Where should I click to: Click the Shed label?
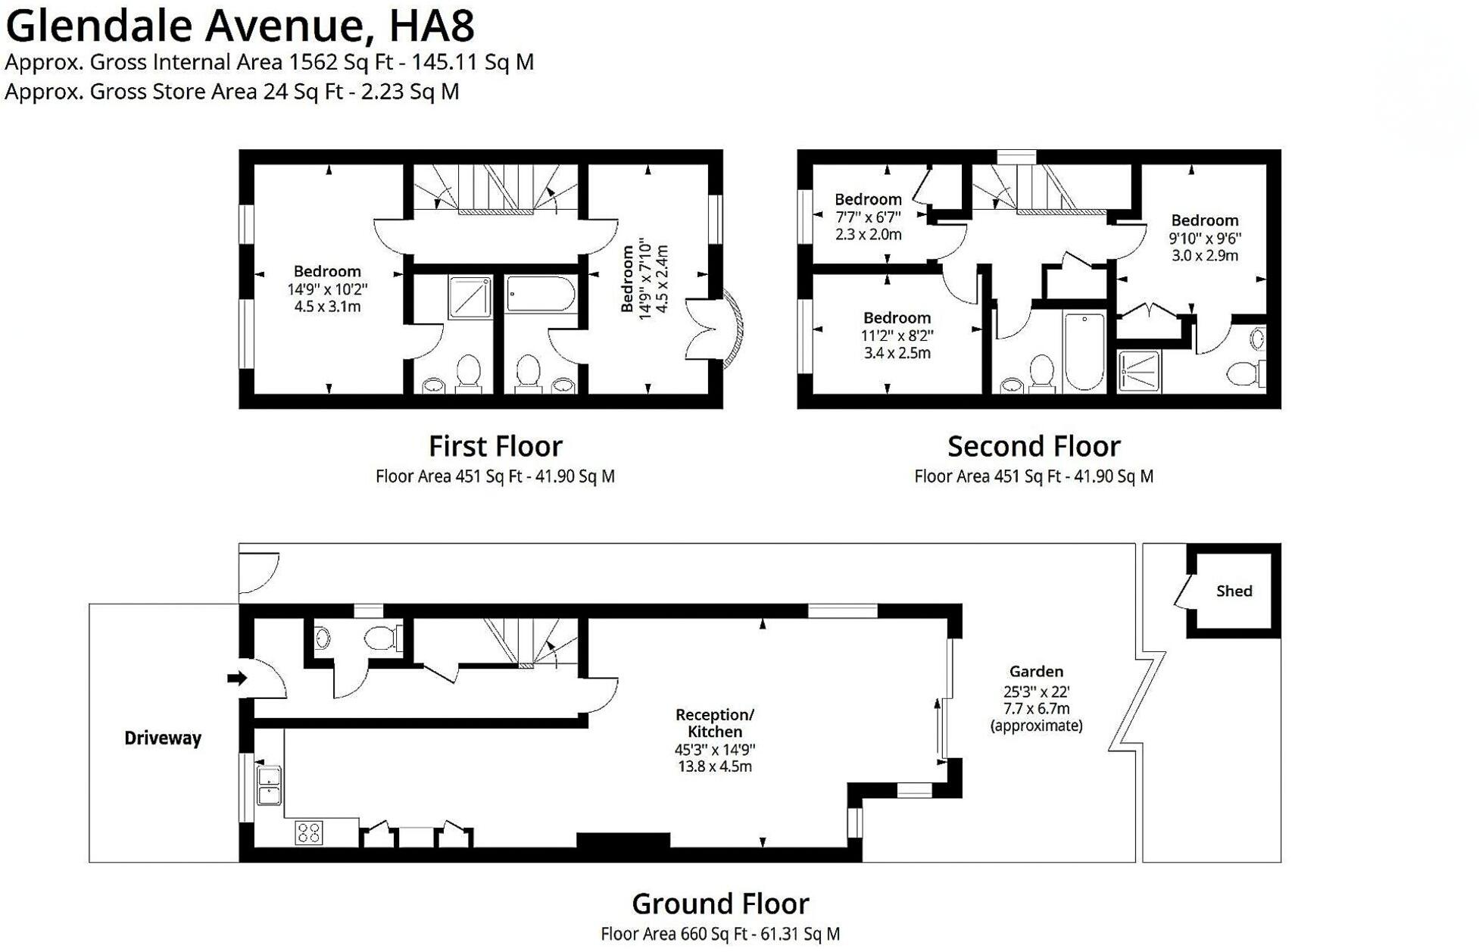(1234, 591)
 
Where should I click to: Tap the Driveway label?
(163, 738)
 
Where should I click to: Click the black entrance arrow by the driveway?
(237, 678)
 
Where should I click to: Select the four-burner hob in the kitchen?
(309, 832)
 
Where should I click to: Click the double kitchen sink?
(269, 785)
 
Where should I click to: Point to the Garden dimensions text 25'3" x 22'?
(1036, 691)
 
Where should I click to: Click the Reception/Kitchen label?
(714, 723)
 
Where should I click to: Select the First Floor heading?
(495, 445)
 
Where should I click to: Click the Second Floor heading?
(1034, 445)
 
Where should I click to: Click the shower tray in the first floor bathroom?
(470, 297)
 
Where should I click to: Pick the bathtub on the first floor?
(540, 294)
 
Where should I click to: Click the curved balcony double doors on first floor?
(716, 329)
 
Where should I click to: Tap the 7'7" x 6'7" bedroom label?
(868, 217)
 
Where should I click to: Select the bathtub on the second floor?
(1084, 352)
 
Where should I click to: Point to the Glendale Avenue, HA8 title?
(240, 25)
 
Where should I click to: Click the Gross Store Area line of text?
(232, 92)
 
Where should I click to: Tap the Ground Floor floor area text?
(720, 934)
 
